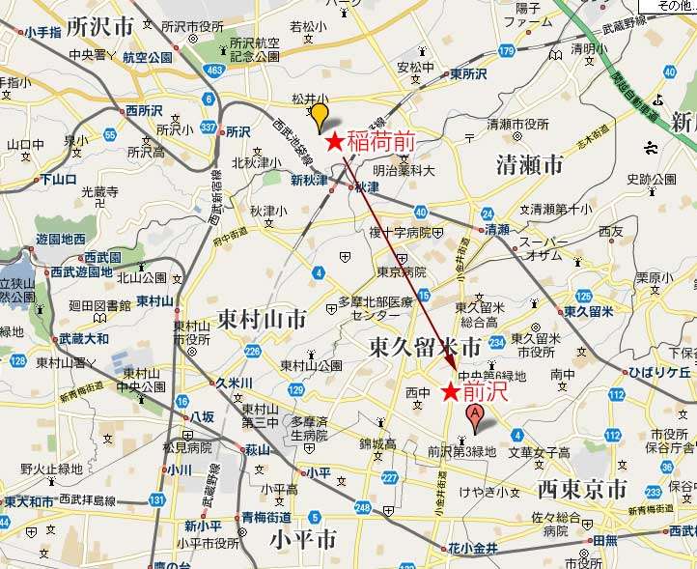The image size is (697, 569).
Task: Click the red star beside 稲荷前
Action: pyautogui.click(x=334, y=142)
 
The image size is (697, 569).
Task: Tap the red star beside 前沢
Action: pyautogui.click(x=450, y=392)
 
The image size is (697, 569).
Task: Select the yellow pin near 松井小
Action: pyautogui.click(x=319, y=118)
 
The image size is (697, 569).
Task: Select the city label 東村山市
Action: pyautogui.click(x=262, y=318)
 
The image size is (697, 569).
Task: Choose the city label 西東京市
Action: pyautogui.click(x=582, y=487)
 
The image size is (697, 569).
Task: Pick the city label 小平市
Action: pyautogui.click(x=303, y=538)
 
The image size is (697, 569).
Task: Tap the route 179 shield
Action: pyautogui.click(x=507, y=50)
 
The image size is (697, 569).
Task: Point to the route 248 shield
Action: pyautogui.click(x=362, y=508)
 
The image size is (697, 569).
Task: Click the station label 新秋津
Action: pyautogui.click(x=310, y=181)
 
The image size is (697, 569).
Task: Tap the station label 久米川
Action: pyautogui.click(x=234, y=383)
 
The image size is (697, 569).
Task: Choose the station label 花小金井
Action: pyautogui.click(x=471, y=549)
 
